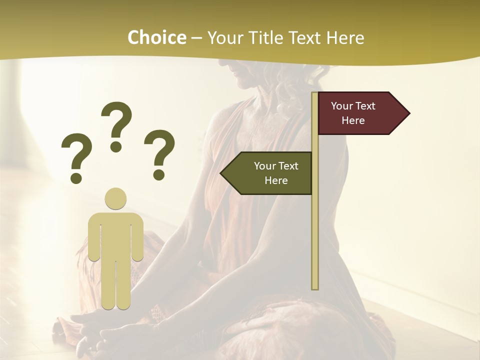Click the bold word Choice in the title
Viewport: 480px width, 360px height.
156,38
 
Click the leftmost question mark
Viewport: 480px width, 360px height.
76,155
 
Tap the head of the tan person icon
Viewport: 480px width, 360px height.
115,198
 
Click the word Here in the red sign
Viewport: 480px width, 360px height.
353,120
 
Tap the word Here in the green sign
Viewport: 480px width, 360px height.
276,180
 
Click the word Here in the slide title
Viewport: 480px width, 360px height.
345,38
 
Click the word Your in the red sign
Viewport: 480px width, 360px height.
341,106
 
